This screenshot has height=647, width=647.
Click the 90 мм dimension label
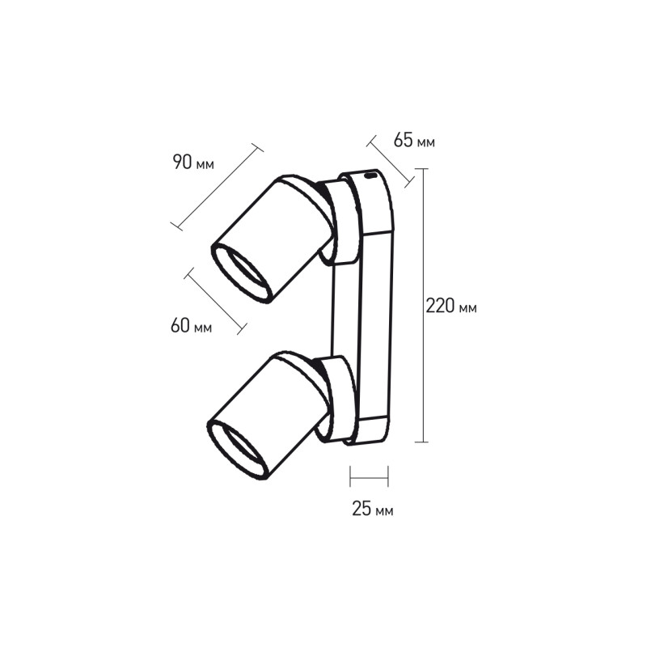pyautogui.click(x=193, y=163)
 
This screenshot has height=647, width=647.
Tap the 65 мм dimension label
pyautogui.click(x=414, y=140)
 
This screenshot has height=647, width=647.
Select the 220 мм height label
pyautogui.click(x=451, y=306)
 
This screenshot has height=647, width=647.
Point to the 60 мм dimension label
pyautogui.click(x=191, y=326)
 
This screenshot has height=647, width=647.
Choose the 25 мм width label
pyautogui.click(x=373, y=509)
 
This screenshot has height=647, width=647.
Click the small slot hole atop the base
pyautogui.click(x=370, y=176)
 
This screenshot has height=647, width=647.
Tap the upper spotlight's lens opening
pyautogui.click(x=241, y=273)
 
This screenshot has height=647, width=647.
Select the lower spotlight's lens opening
pyautogui.click(x=238, y=450)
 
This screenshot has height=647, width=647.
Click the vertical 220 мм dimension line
pyautogui.click(x=421, y=306)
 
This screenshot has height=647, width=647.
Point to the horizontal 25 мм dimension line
pyautogui.click(x=369, y=476)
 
